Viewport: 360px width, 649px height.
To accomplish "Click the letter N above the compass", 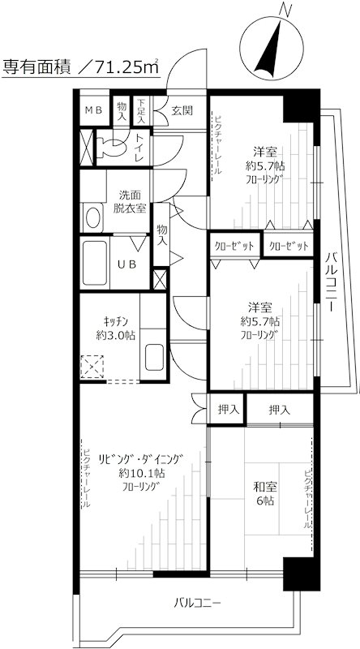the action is click(285, 9).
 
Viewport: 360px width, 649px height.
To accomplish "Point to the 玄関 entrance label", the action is click(182, 110).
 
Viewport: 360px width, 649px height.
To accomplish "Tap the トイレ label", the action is click(139, 148).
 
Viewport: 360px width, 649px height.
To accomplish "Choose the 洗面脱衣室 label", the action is click(130, 201).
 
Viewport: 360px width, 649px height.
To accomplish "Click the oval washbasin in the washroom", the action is click(92, 217).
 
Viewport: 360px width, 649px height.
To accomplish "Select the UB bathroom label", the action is click(128, 265).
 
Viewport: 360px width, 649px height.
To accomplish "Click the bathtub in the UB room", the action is click(95, 263).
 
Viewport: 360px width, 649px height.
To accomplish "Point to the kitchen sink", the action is click(154, 357).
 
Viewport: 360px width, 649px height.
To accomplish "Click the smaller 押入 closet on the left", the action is click(229, 410).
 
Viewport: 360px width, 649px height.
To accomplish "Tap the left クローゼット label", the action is click(234, 246).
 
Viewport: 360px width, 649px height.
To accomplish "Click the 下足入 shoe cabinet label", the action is click(142, 110).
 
